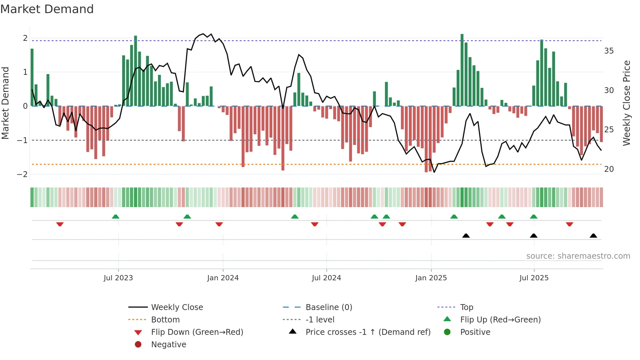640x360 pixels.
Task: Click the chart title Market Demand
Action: point(47,9)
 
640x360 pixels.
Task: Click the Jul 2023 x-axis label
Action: point(118,278)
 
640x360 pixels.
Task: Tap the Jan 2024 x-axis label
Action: point(223,278)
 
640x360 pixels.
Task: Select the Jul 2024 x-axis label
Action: point(326,278)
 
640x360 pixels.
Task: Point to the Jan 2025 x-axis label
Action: point(431,278)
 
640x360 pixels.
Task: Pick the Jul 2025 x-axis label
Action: point(534,278)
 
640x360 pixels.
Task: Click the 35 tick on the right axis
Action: point(609,51)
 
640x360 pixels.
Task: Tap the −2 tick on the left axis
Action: point(22,174)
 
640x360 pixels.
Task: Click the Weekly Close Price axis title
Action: point(626,103)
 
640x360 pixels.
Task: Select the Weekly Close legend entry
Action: point(177,307)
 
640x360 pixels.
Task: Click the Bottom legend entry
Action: point(165,320)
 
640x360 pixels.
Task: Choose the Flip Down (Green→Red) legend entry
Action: point(197,332)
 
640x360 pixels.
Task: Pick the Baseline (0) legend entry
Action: point(328,307)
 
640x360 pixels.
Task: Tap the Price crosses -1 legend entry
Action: point(368,332)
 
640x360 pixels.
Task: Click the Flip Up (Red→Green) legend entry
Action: point(500,320)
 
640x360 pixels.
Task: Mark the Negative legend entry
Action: point(168,345)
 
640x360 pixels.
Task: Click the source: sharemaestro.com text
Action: point(578,256)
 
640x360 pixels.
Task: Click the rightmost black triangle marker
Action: point(593,236)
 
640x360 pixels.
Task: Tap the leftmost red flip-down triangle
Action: point(60,224)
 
